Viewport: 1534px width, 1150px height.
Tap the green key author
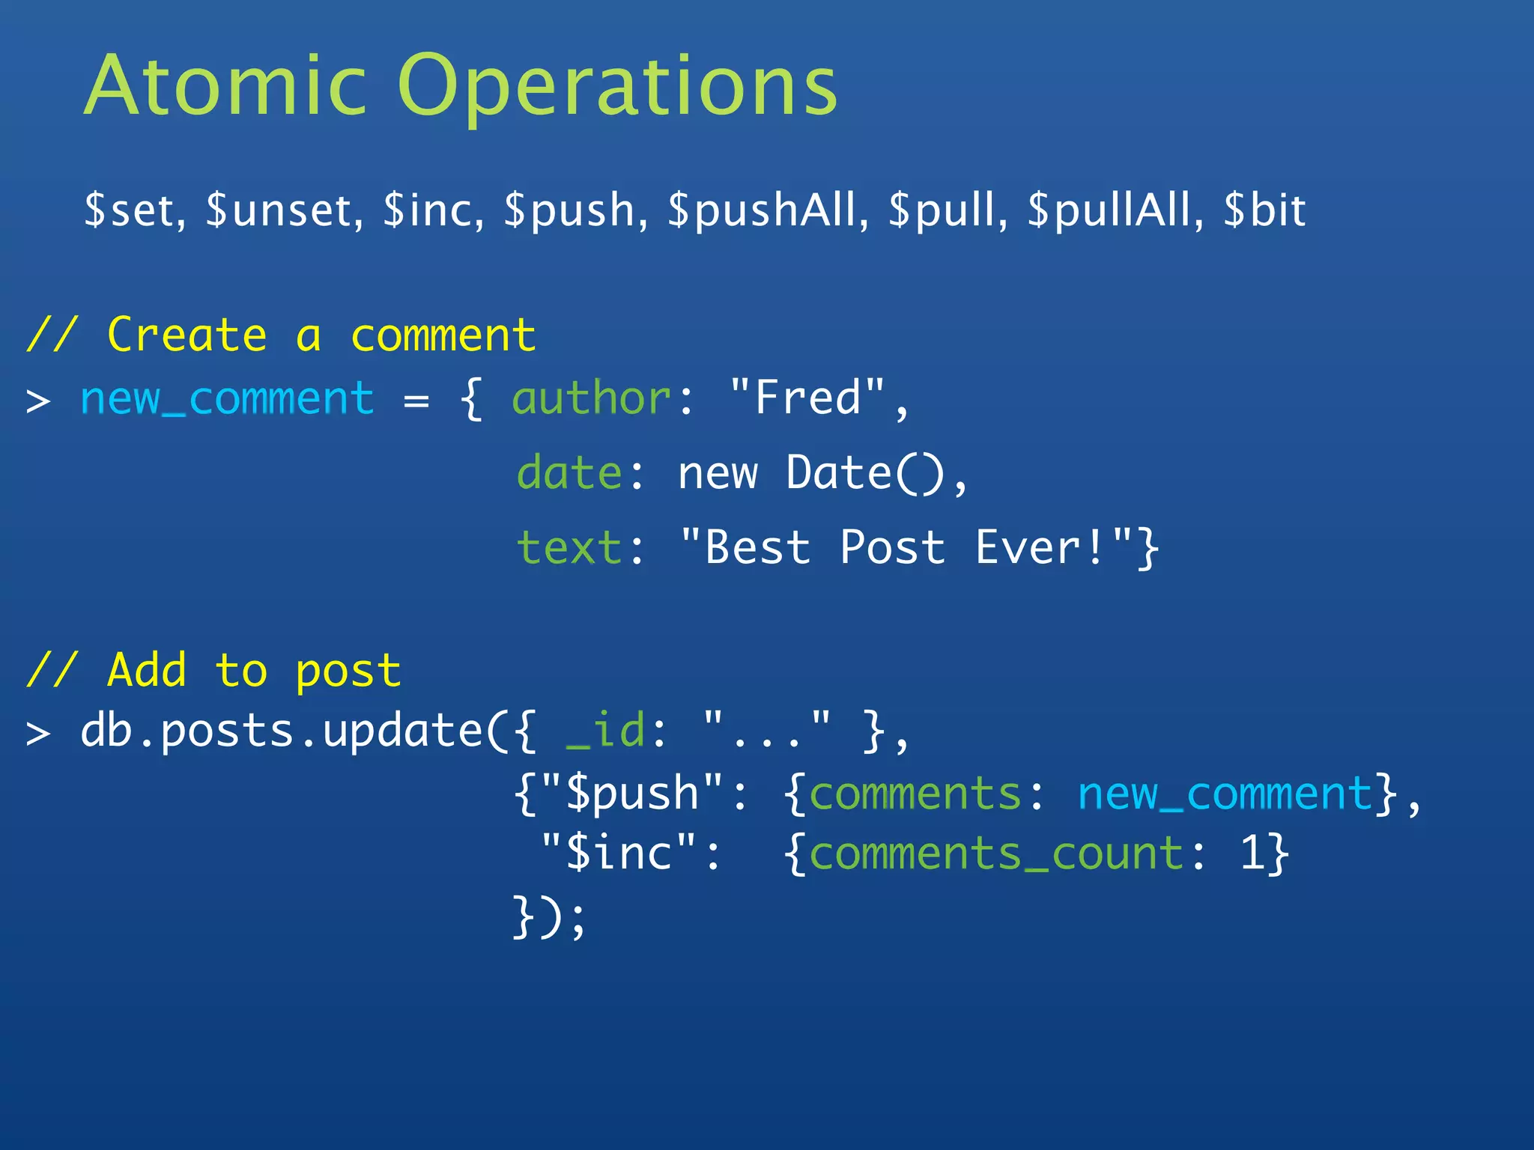tap(592, 398)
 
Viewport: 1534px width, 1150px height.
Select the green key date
tap(569, 473)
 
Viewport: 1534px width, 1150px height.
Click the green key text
tap(569, 547)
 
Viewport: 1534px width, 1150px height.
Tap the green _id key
tap(605, 731)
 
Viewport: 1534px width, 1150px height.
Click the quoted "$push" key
tap(632, 794)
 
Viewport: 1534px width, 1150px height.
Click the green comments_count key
tap(997, 854)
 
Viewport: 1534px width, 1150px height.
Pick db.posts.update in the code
tap(282, 731)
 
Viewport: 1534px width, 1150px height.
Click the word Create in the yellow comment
tap(187, 335)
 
